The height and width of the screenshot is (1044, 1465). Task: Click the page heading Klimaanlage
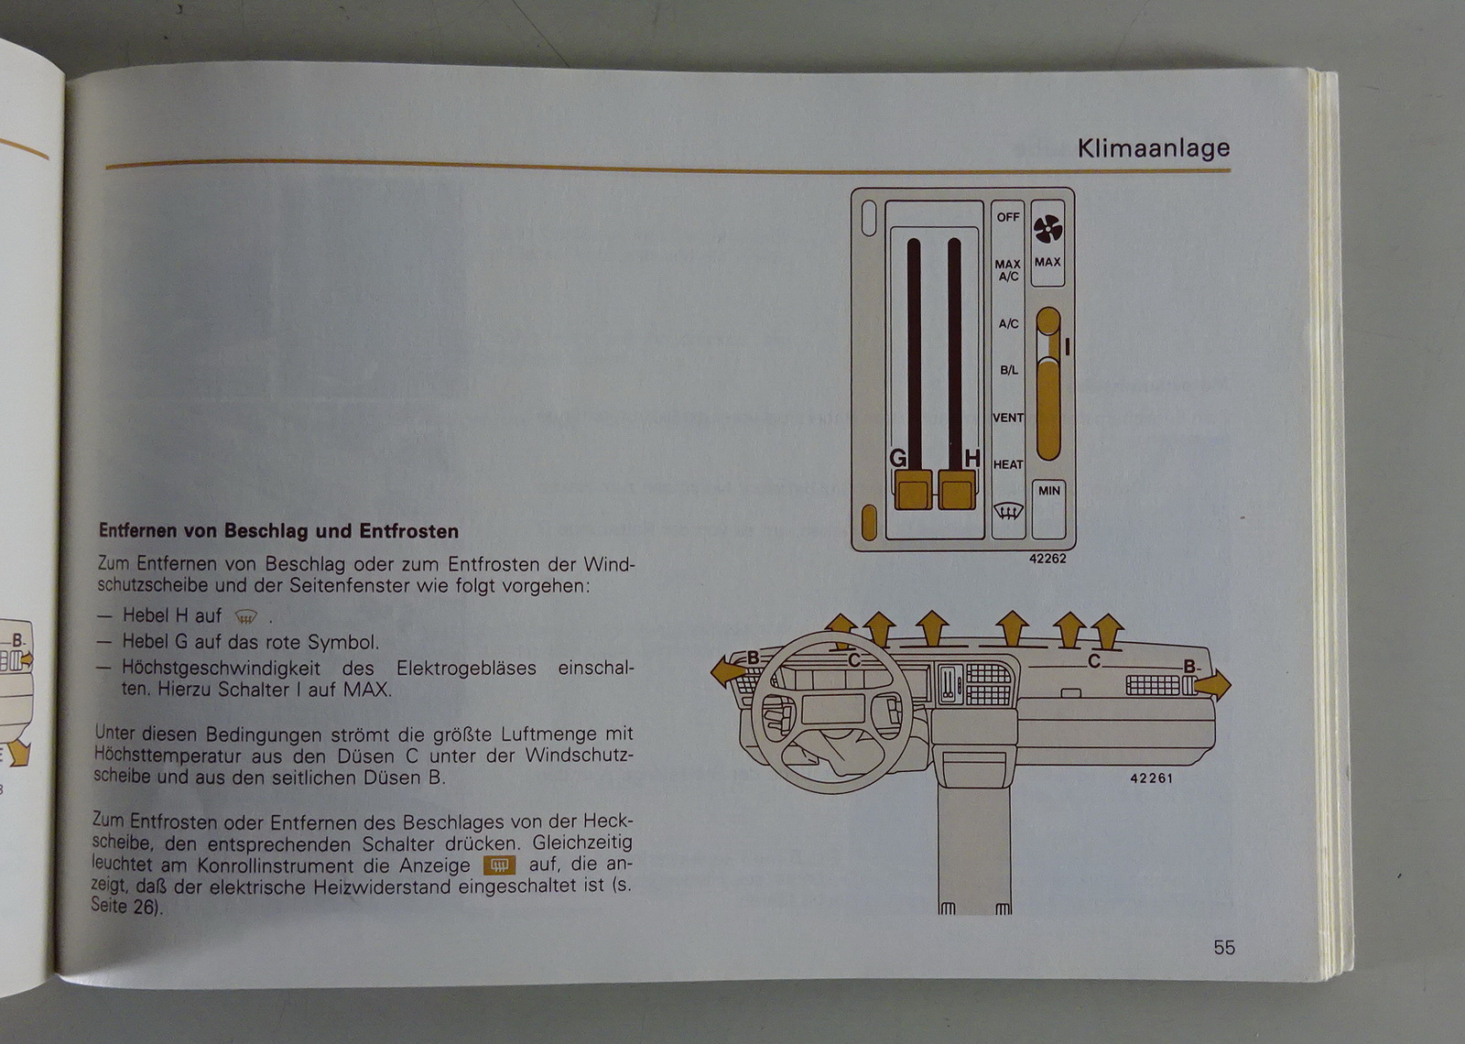1154,148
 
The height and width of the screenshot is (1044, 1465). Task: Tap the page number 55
1224,948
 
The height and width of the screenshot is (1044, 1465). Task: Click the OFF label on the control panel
1008,217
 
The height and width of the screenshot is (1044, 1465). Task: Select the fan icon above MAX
1047,230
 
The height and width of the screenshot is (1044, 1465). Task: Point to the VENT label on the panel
1008,418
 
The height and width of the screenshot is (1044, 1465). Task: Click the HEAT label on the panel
1008,464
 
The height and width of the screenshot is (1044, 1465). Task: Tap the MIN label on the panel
1048,491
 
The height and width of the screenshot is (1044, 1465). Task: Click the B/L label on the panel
1008,370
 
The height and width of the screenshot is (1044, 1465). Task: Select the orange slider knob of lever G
913,489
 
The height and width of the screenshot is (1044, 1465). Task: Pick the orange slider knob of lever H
957,489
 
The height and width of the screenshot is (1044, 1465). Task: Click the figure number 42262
1047,559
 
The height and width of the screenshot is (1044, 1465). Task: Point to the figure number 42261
1151,778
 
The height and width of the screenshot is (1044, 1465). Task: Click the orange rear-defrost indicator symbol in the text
499,865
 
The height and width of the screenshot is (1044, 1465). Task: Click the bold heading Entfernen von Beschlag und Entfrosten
278,530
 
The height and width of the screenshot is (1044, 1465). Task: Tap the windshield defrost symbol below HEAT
1008,510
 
